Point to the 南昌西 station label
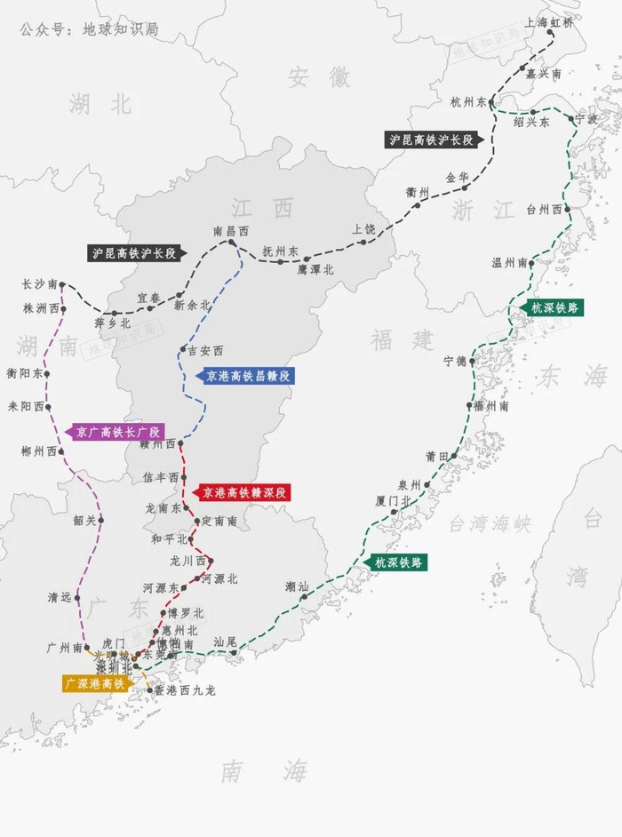[230, 230]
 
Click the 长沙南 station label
[38, 285]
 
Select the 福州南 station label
[490, 405]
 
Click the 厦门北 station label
[393, 501]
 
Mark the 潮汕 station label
[297, 586]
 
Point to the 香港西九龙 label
[184, 690]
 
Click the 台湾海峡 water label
[490, 524]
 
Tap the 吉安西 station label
[206, 350]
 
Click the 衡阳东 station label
[24, 374]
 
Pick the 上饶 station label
[363, 228]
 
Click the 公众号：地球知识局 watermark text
[89, 29]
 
